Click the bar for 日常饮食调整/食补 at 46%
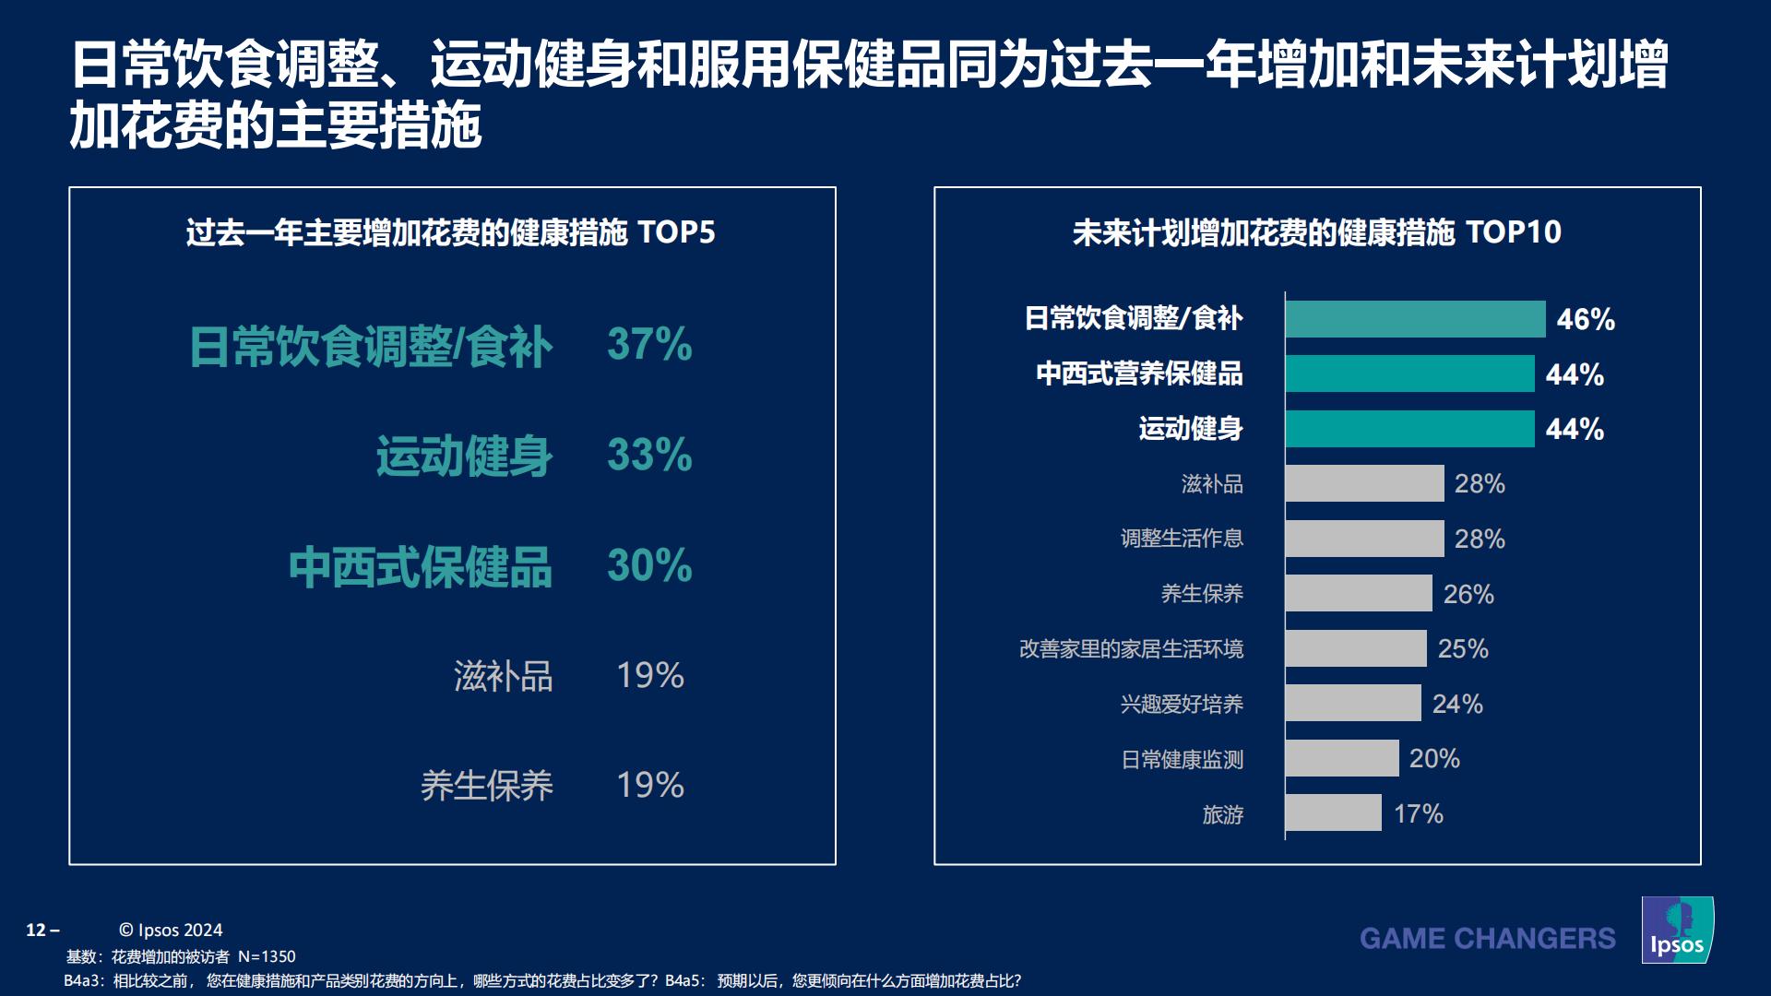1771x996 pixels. [x=1414, y=319]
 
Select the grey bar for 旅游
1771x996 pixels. [x=1333, y=813]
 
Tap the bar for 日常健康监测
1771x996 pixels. [x=1341, y=758]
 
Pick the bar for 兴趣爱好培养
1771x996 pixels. [x=1352, y=703]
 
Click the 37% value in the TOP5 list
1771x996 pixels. [x=649, y=345]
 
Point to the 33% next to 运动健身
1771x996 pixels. [x=649, y=455]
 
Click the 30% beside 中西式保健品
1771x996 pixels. [x=649, y=565]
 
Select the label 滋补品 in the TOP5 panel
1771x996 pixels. [x=503, y=676]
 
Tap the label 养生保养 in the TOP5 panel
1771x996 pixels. [x=486, y=786]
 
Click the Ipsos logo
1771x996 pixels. [x=1677, y=931]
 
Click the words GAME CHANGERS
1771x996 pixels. [x=1487, y=939]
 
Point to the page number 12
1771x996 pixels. [x=37, y=930]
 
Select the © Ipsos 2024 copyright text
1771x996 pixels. [x=171, y=930]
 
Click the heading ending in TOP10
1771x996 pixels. [x=1316, y=232]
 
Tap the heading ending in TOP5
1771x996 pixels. [x=450, y=232]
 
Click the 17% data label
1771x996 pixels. [x=1418, y=813]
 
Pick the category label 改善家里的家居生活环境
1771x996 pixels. [x=1131, y=648]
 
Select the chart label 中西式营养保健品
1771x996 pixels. [x=1139, y=373]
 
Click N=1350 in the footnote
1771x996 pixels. [x=267, y=956]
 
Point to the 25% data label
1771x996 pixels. [x=1463, y=648]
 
